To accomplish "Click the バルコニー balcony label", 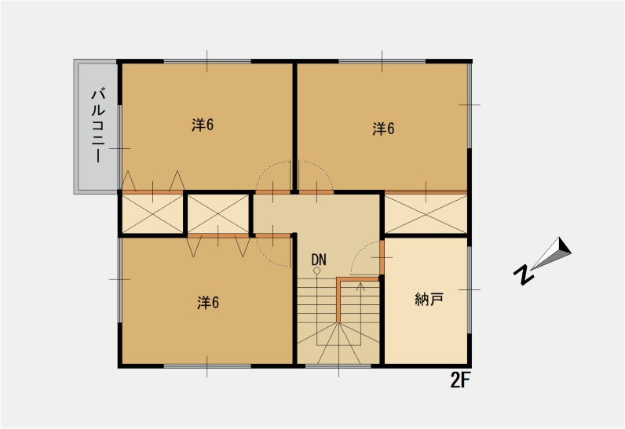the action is tap(98, 126).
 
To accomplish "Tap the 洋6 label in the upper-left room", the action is tap(203, 125).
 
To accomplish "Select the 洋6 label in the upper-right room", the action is tap(383, 129).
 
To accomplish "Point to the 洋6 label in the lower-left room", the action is tap(208, 303).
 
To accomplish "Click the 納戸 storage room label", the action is tap(429, 299).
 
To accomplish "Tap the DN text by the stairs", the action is tap(319, 260).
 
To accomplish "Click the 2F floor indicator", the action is tap(460, 381).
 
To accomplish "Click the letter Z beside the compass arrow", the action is tap(524, 274).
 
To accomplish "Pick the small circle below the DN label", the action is tap(317, 271).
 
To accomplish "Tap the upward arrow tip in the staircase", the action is tap(360, 284).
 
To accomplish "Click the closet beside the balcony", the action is tap(152, 213).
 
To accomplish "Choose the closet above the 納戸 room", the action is tap(426, 213).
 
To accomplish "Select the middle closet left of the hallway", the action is tap(218, 213).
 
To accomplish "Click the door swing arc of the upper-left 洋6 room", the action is tap(265, 168).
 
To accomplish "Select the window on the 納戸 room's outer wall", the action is tap(470, 289).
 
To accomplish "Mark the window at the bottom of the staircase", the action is tap(338, 365).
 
